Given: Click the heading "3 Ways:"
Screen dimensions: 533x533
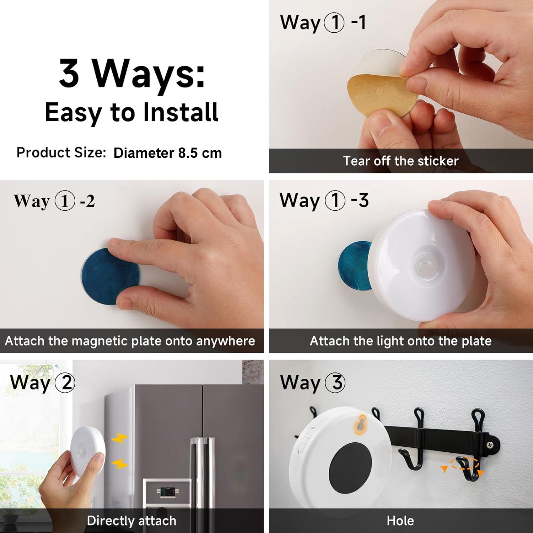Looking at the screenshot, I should coord(132,73).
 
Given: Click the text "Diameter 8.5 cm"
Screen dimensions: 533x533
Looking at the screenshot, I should coord(167,153).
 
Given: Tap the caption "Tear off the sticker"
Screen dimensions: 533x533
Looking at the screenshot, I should coord(400,161).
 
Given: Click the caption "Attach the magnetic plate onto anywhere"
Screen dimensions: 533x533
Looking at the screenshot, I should coord(130,341).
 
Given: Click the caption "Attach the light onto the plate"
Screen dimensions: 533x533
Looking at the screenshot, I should coord(400,341).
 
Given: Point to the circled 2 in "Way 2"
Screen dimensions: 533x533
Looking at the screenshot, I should coord(66,383).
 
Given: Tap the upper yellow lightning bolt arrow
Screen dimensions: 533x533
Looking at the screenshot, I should coord(120,439).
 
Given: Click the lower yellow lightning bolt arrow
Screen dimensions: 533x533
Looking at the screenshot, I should coord(120,463).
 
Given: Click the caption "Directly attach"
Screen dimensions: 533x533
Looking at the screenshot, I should coord(131,521).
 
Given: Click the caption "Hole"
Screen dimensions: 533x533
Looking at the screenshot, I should coord(400,521).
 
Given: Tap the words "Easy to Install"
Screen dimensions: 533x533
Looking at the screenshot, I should coord(131,113).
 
